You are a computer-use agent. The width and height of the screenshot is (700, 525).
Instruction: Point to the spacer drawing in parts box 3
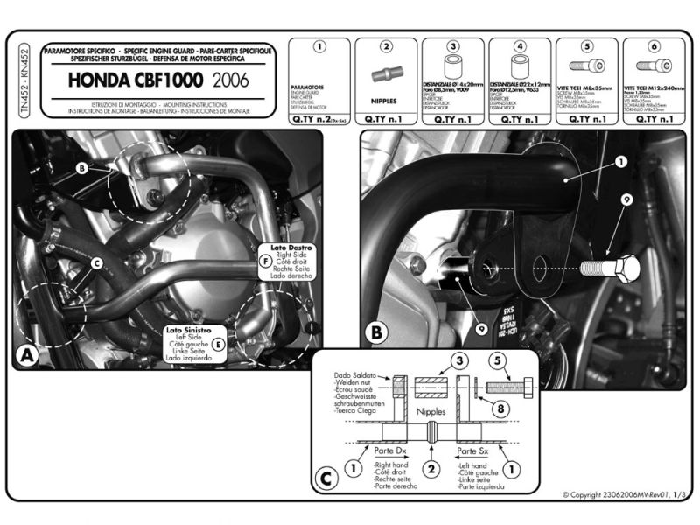point(453,67)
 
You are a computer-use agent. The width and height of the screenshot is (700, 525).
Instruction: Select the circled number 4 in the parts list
point(520,45)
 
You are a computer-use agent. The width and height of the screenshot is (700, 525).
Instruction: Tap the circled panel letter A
point(27,355)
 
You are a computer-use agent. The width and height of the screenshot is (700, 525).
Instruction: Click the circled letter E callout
point(217,344)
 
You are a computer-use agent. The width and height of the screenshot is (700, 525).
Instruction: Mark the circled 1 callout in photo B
point(620,162)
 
